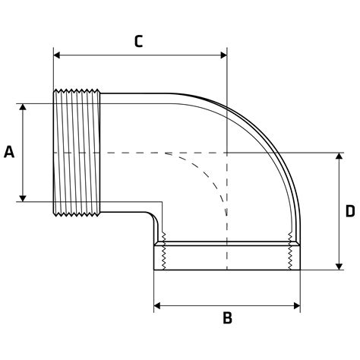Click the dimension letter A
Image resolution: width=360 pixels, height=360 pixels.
pyautogui.click(x=9, y=153)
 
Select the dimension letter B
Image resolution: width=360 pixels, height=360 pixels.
pyautogui.click(x=227, y=318)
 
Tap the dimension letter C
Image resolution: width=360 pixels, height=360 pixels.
pyautogui.click(x=138, y=41)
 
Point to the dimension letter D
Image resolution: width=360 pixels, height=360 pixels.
pyautogui.click(x=350, y=210)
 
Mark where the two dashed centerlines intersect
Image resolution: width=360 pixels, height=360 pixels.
pyautogui.click(x=227, y=153)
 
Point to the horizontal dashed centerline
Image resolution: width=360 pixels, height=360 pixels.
pyautogui.click(x=137, y=153)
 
